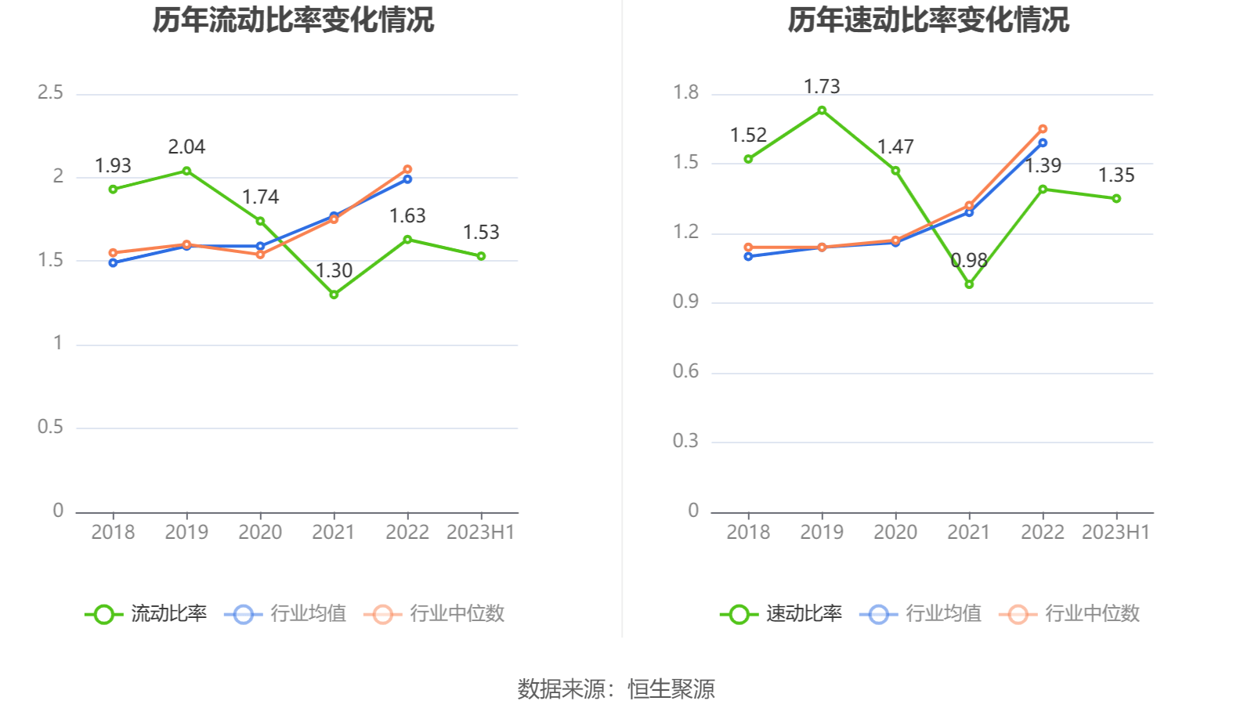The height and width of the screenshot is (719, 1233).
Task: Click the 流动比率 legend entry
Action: pyautogui.click(x=146, y=614)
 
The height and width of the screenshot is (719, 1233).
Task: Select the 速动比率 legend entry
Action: pyautogui.click(x=782, y=614)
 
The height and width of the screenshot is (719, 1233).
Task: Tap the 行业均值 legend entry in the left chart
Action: pyautogui.click(x=286, y=614)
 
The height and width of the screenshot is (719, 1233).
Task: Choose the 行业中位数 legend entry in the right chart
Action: pyautogui.click(x=1070, y=614)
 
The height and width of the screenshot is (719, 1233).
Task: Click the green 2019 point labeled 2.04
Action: pyautogui.click(x=186, y=171)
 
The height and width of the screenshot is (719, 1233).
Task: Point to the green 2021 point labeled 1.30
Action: pyautogui.click(x=334, y=294)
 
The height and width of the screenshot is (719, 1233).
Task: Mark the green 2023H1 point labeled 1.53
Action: pyautogui.click(x=481, y=256)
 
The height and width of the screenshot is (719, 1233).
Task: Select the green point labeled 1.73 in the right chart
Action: pyautogui.click(x=822, y=110)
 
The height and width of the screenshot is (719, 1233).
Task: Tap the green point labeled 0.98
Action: pyautogui.click(x=969, y=284)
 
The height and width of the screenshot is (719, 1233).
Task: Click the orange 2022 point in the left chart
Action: pyautogui.click(x=407, y=169)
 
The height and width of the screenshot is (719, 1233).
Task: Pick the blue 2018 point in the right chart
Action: pyautogui.click(x=748, y=257)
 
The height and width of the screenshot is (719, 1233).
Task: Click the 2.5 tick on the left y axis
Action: pyautogui.click(x=50, y=93)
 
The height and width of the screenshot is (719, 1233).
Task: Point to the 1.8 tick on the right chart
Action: pyautogui.click(x=685, y=93)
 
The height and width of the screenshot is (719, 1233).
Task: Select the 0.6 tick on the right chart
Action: pyautogui.click(x=685, y=371)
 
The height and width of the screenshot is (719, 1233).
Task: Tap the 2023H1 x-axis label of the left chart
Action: pyautogui.click(x=480, y=533)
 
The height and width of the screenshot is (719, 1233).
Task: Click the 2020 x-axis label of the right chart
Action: pyautogui.click(x=895, y=533)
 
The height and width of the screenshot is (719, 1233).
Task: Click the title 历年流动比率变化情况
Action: pyautogui.click(x=293, y=20)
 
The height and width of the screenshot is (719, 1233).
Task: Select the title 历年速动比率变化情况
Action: pyautogui.click(x=928, y=20)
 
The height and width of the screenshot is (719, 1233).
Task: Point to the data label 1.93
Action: pyautogui.click(x=113, y=166)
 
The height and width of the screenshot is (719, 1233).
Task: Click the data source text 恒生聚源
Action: pyautogui.click(x=671, y=689)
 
